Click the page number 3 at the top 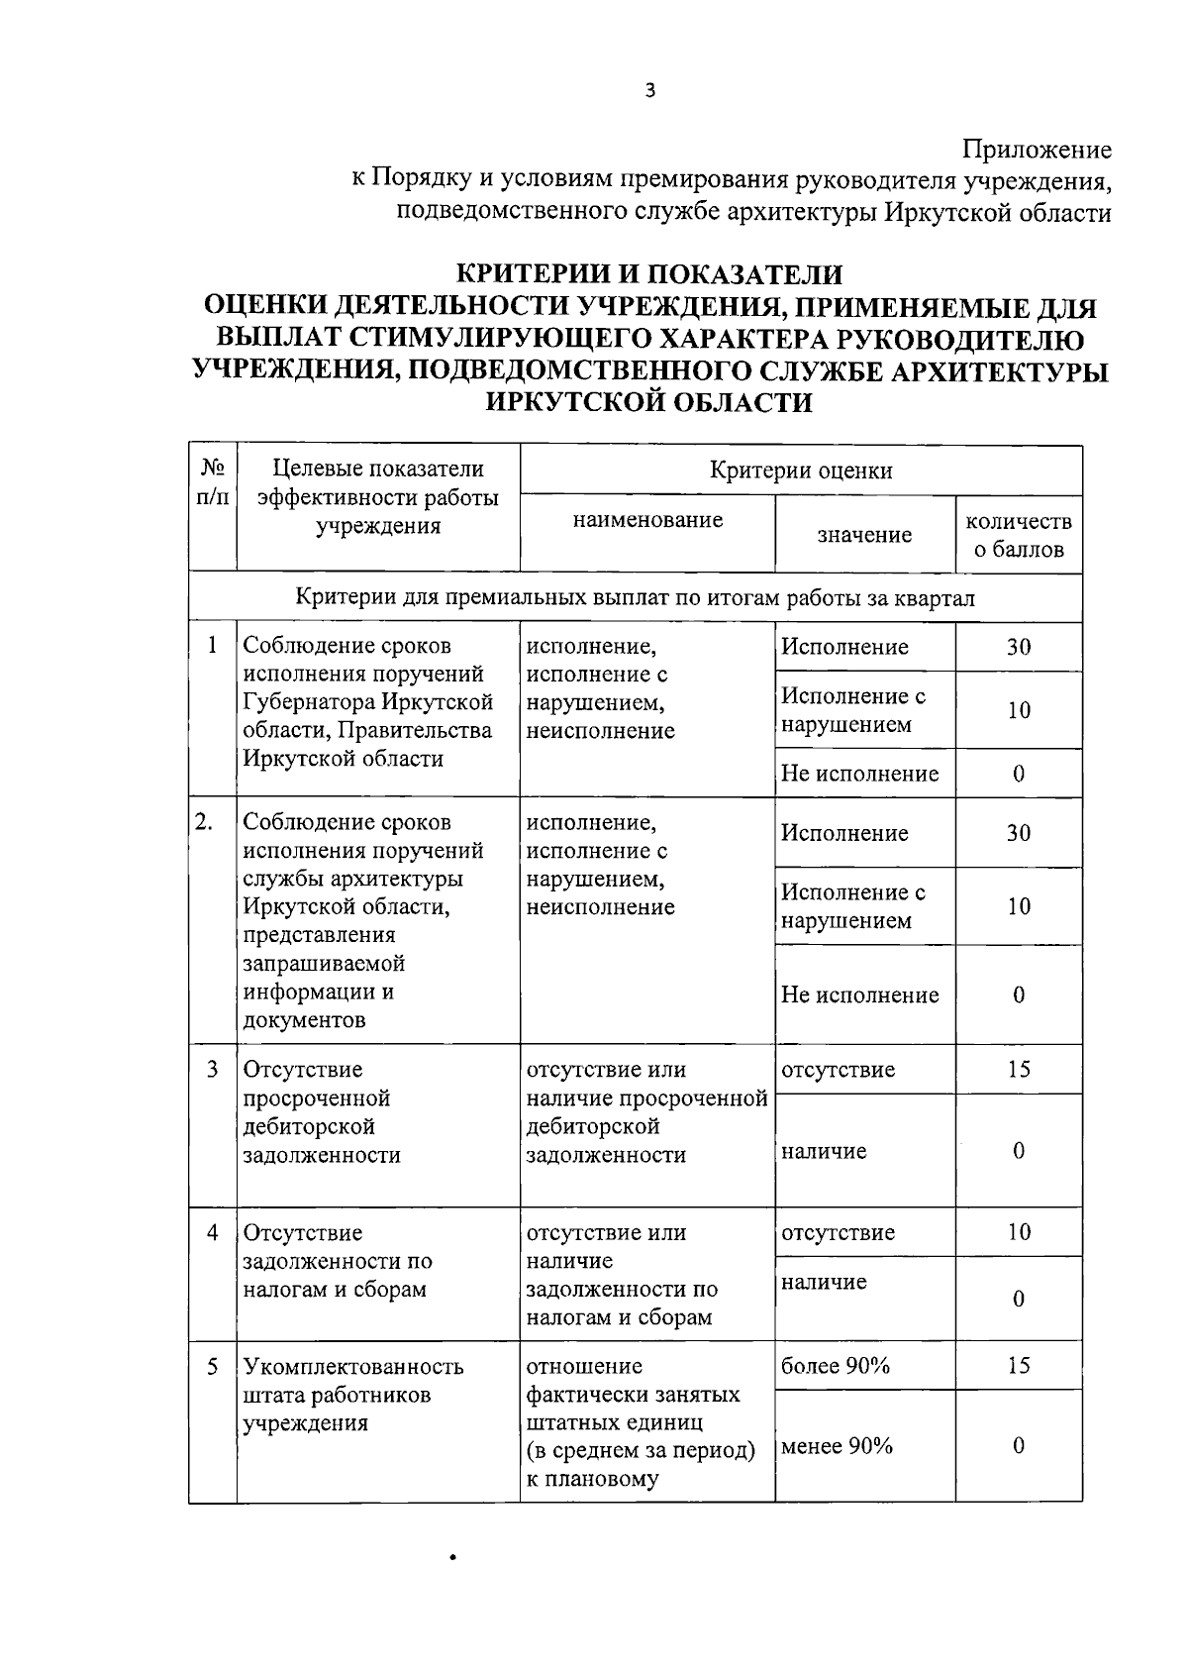click(x=649, y=91)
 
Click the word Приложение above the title click(x=1038, y=151)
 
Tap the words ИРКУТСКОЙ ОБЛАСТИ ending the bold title click(x=649, y=402)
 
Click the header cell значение click(x=864, y=535)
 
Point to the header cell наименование click(x=647, y=520)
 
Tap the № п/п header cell click(x=213, y=481)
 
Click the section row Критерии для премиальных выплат click(x=635, y=597)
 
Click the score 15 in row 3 click(x=1019, y=1069)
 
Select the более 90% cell click(x=836, y=1366)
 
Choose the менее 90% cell click(x=838, y=1446)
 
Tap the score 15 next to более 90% click(x=1019, y=1366)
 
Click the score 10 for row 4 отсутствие click(x=1019, y=1232)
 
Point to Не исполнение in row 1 click(x=859, y=774)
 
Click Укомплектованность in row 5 click(x=353, y=1367)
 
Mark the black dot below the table click(x=452, y=1558)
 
